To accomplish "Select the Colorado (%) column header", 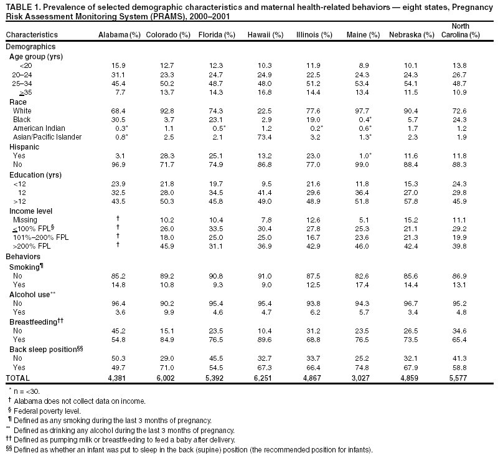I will click(167, 35).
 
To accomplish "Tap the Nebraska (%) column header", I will click(411, 35).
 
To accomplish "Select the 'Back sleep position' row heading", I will click(45, 350).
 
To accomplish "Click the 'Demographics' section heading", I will click(31, 47).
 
